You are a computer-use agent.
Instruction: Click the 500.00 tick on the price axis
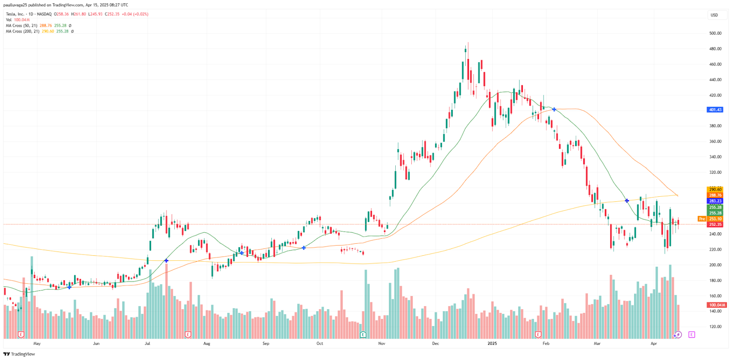tap(715, 33)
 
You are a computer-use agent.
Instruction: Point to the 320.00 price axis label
tap(715, 172)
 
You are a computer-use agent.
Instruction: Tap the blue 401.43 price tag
tap(715, 110)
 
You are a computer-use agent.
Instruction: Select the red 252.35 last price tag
tap(715, 225)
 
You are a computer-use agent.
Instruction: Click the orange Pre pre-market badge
tap(702, 219)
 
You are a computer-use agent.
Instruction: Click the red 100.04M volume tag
tap(716, 305)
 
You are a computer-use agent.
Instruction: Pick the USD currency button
tap(714, 15)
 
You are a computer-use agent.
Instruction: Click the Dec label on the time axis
tap(435, 344)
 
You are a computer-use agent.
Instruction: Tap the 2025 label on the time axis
tap(492, 344)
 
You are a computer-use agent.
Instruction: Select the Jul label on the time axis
tap(147, 344)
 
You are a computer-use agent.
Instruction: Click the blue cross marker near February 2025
tap(554, 110)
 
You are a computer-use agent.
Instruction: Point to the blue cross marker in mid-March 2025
tap(627, 201)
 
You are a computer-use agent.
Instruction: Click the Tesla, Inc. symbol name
tap(15, 14)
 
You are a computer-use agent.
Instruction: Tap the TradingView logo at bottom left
tap(19, 354)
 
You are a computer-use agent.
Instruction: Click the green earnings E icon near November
tap(363, 335)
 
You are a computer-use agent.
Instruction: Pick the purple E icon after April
tap(691, 335)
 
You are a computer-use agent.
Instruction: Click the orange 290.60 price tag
tap(715, 189)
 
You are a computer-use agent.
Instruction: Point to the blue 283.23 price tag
tap(715, 201)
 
